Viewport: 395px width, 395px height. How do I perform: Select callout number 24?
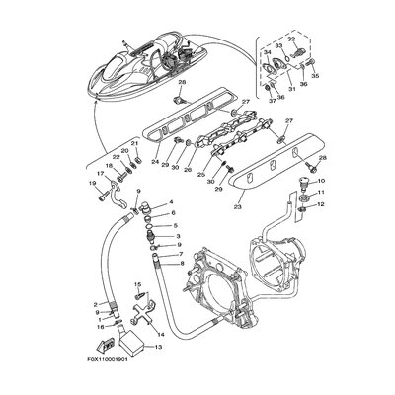coord(155,162)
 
